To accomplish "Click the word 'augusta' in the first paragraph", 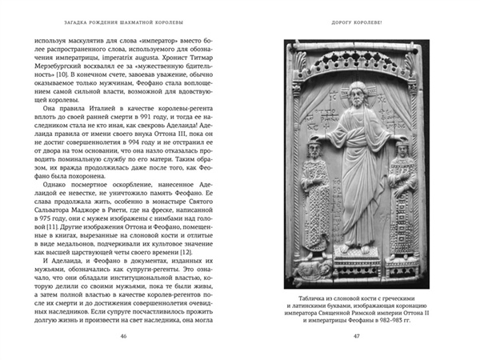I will point(160,60).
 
